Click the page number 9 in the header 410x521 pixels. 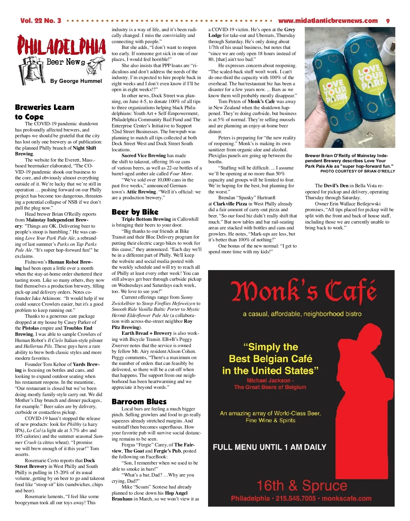[x=388, y=21]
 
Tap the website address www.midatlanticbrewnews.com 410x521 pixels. [x=328, y=21]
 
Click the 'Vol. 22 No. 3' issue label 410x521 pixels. [x=41, y=21]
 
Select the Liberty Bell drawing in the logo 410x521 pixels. [x=32, y=71]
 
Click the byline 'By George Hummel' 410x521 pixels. [x=76, y=81]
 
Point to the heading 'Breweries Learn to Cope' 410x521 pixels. [x=44, y=112]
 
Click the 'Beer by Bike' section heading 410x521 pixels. [x=135, y=212]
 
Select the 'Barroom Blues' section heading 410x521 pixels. [x=139, y=402]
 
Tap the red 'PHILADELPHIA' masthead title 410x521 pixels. [x=61, y=46]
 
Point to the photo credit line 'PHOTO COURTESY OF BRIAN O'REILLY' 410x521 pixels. [x=357, y=171]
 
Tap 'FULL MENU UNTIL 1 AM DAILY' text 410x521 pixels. [x=270, y=447]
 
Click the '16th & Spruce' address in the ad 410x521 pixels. [x=302, y=485]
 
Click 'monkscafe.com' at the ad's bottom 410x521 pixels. [x=346, y=498]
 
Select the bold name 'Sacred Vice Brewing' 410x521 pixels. [x=143, y=155]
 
